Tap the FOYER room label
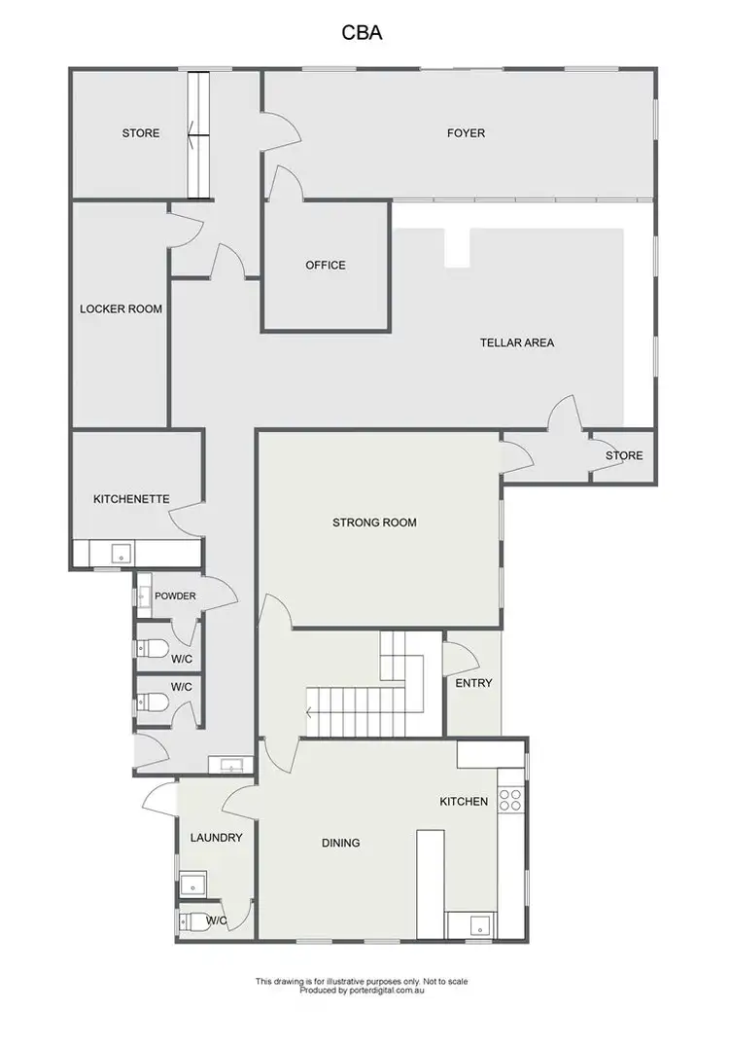pyautogui.click(x=466, y=133)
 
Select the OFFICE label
pyautogui.click(x=326, y=265)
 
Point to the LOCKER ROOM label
pyautogui.click(x=121, y=309)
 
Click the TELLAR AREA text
pyautogui.click(x=517, y=343)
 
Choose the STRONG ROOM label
pyautogui.click(x=374, y=523)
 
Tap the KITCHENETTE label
pyautogui.click(x=131, y=499)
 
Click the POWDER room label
pyautogui.click(x=175, y=596)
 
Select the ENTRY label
pyautogui.click(x=473, y=683)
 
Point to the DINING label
pyautogui.click(x=340, y=843)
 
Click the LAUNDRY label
pyautogui.click(x=216, y=837)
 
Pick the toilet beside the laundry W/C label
pyautogui.click(x=192, y=920)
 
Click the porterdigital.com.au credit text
pyautogui.click(x=363, y=991)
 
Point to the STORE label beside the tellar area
pyautogui.click(x=624, y=455)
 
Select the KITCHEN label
pyautogui.click(x=464, y=802)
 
